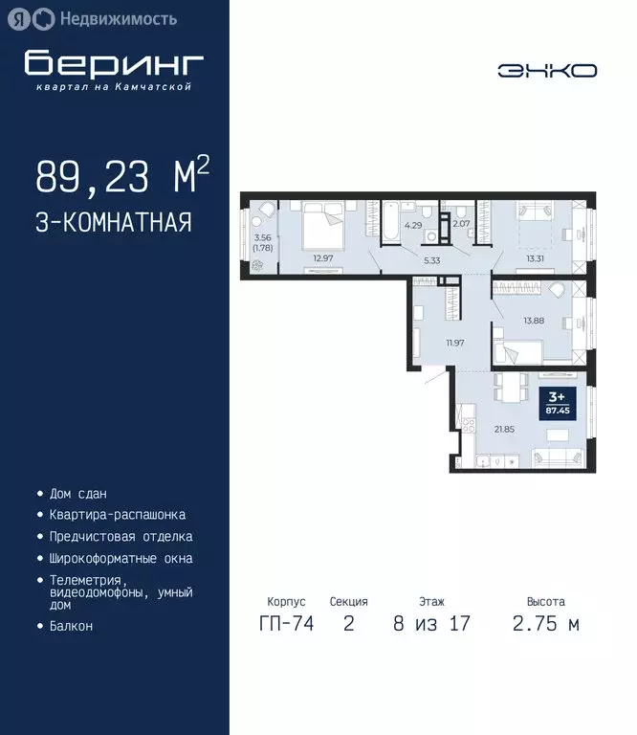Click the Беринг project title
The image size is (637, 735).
coord(114,64)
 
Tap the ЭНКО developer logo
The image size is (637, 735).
coord(547,71)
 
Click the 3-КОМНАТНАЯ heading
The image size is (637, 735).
coord(114,223)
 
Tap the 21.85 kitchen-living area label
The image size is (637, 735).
coord(504,429)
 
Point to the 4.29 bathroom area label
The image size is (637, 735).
coord(413,226)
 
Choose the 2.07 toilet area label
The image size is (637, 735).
coord(460,224)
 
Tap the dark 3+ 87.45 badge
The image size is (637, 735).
coord(555,402)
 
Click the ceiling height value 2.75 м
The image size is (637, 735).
coord(546,625)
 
